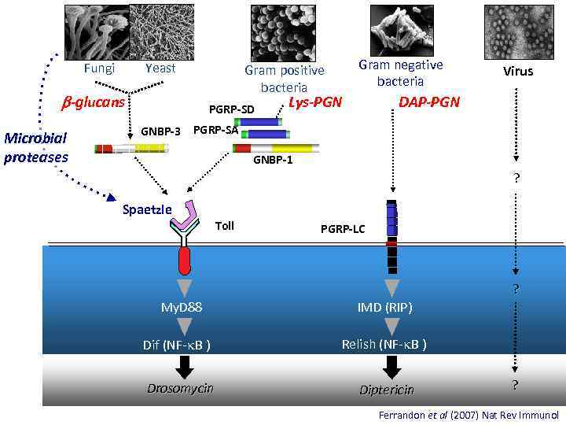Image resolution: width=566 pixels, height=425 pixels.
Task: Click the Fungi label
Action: pos(99,68)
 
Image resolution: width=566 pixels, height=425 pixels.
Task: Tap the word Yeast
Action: pos(160,68)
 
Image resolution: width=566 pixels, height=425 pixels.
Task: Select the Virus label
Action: pos(519,71)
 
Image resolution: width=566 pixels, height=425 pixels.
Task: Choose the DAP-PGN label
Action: pos(429,102)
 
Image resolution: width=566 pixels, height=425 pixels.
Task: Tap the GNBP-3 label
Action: pos(160,131)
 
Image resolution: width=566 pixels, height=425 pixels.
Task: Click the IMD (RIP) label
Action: pos(384,307)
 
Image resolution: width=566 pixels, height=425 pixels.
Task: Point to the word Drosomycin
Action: pos(181,388)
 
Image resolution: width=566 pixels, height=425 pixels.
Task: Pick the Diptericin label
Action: pos(386,390)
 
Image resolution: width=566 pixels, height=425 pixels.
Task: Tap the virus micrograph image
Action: pos(519,30)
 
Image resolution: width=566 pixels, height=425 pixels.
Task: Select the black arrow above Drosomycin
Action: pos(185,366)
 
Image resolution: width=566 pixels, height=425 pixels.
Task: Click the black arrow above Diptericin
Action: pos(391,366)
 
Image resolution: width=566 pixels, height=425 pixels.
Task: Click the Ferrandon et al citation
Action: pos(468,414)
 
